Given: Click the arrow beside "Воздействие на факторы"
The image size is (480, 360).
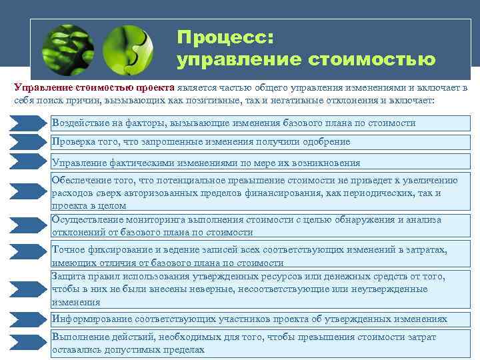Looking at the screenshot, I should pyautogui.click(x=28, y=123).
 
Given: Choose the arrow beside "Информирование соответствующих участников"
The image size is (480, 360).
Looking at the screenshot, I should pyautogui.click(x=28, y=319).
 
